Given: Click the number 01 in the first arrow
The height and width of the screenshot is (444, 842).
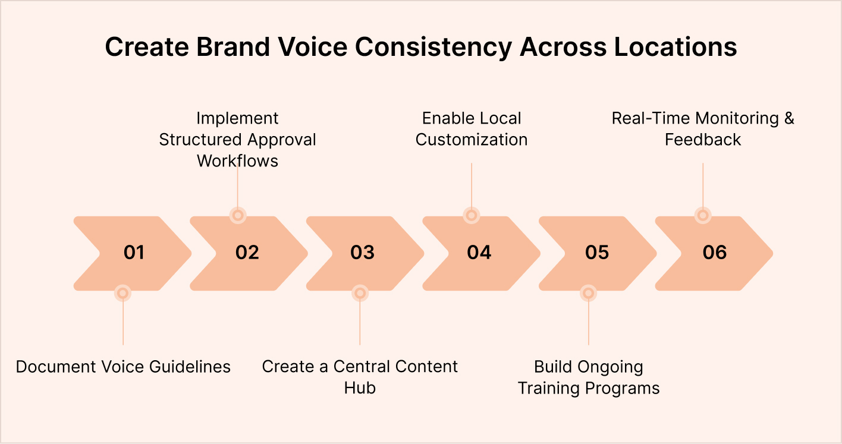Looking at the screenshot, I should tap(134, 253).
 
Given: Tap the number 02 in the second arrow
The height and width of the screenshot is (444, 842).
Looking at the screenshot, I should tap(247, 253).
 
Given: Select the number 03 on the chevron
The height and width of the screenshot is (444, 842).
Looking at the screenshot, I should tap(362, 253).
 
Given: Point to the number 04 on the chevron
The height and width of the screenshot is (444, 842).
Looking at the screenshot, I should tap(479, 253).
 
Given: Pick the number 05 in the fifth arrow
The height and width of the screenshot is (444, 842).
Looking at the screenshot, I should tap(596, 253).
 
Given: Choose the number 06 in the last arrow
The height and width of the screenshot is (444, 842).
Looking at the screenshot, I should tap(714, 253).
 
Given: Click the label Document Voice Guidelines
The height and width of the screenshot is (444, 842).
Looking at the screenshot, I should tap(123, 367).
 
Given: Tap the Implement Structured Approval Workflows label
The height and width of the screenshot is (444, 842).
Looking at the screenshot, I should tap(237, 140).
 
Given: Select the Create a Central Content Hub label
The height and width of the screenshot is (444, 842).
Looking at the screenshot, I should tap(360, 377).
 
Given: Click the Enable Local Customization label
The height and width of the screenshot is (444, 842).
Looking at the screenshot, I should tap(472, 129).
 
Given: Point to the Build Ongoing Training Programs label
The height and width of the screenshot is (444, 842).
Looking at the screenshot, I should tap(589, 377).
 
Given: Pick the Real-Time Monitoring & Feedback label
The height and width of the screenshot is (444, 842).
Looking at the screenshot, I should tap(703, 129).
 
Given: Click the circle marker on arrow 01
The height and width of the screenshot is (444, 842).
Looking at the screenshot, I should tap(122, 292).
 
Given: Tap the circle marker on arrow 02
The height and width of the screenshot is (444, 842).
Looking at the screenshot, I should tap(238, 215).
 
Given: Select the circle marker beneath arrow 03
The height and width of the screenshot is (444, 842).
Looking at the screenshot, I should tap(360, 292).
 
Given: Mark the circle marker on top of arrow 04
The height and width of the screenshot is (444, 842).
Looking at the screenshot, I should tap(471, 215).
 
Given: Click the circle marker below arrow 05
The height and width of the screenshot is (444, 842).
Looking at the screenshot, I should tap(588, 292).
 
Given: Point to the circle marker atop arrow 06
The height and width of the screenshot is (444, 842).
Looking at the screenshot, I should tap(703, 215).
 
